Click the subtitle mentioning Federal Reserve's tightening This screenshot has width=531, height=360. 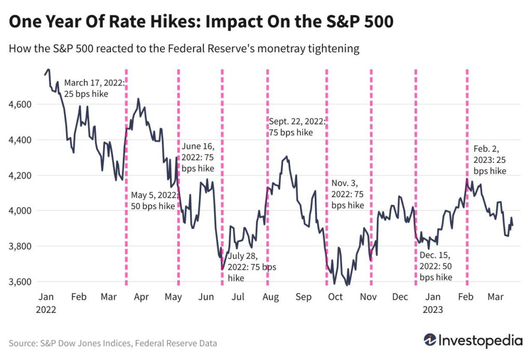click(184, 49)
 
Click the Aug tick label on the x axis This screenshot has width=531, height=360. click(269, 297)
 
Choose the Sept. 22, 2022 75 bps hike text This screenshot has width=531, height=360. click(297, 127)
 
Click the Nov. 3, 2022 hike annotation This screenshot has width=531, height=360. click(348, 194)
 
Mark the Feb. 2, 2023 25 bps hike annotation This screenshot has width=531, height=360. click(490, 159)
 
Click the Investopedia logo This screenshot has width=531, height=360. click(473, 341)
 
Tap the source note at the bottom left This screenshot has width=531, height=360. click(113, 343)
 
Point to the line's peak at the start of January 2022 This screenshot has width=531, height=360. click(48, 70)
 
